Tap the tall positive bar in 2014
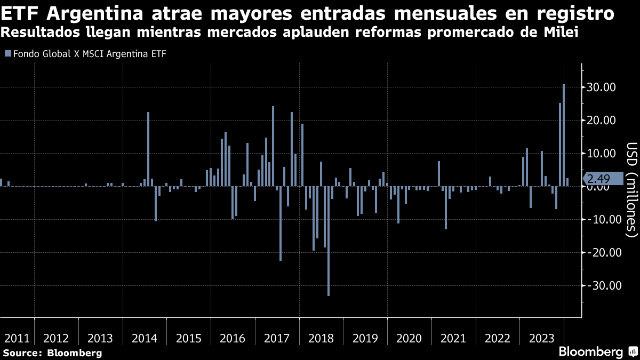tap(148, 149)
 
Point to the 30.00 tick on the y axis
tap(602, 87)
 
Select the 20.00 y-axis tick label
tap(602, 121)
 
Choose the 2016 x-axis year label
tap(233, 339)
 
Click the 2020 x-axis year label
tap(409, 339)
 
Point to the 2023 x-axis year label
tap(541, 339)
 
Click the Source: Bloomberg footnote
tap(52, 353)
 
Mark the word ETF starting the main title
tap(19, 12)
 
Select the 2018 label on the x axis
tap(321, 339)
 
